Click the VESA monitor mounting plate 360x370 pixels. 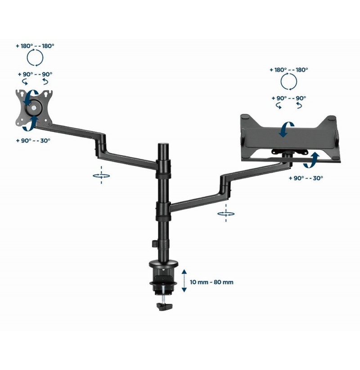point(34,108)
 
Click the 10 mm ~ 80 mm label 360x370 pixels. point(211,282)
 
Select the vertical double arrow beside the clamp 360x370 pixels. point(184,281)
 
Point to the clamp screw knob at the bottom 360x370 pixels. point(164,306)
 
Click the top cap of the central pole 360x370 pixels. point(163,144)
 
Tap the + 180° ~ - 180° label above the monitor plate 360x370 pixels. point(35,46)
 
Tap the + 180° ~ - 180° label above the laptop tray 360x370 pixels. point(288,70)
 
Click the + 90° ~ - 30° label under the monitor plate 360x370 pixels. point(33,141)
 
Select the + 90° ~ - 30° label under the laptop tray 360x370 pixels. point(306,178)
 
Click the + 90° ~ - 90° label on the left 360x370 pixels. point(35,74)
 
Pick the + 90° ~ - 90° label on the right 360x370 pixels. point(288,98)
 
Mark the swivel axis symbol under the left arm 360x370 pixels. point(101,175)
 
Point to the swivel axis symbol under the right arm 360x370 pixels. point(226,214)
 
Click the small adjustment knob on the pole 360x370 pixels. point(154,244)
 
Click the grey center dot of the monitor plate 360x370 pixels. point(34,108)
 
